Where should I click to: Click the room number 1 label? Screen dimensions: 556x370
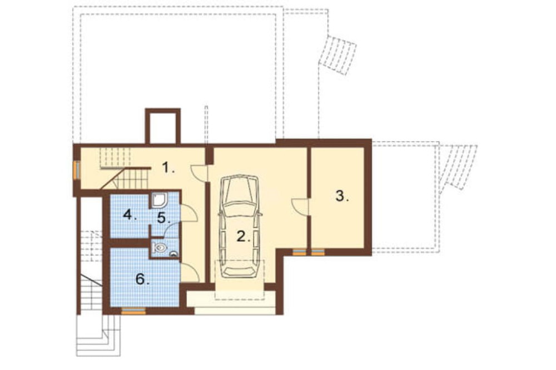pos(168,167)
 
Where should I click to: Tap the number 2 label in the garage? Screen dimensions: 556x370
pos(244,237)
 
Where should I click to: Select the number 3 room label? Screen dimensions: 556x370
pos(342,196)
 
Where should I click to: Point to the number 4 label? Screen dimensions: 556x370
pos(130,214)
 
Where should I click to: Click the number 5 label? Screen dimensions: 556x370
pos(163,218)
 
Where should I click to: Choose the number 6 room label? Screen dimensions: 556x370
pos(142,279)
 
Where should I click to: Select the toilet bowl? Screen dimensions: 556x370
pos(160,248)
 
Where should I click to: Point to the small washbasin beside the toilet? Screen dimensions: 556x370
pos(173,253)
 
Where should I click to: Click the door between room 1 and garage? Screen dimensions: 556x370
pos(199,173)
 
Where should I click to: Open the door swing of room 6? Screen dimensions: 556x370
pos(190,273)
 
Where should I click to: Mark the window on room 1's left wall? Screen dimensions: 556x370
pos(76,171)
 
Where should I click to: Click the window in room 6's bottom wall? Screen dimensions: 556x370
pos(133,312)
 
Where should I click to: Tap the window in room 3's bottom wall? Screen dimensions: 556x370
pos(318,252)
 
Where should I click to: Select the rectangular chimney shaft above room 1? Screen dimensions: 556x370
pos(163,126)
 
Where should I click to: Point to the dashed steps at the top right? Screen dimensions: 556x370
pos(338,54)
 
